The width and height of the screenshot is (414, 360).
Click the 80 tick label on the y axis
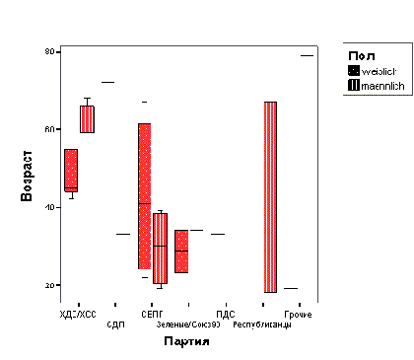point(48,51)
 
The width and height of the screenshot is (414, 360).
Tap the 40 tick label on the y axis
point(48,207)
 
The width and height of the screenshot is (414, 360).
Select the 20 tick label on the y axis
point(48,285)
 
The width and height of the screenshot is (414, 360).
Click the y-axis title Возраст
point(27,177)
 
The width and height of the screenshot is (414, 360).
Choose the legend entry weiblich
point(380,70)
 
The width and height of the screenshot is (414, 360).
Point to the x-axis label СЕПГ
point(152,313)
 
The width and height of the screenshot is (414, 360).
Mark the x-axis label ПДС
point(224,313)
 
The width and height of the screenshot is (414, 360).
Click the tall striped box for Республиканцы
point(270,197)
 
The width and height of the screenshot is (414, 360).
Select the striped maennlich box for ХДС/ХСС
point(87,118)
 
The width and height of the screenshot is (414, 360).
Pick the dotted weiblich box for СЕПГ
point(144,196)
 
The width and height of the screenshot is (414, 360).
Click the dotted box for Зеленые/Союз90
point(181,252)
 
